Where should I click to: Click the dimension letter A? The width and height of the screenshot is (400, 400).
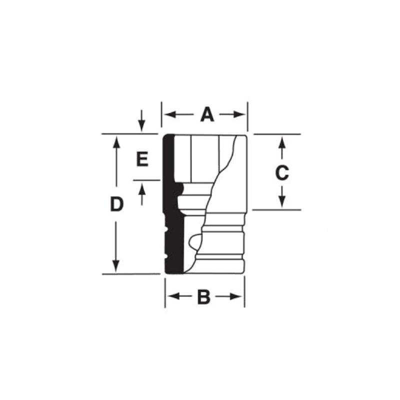pyautogui.click(x=207, y=115)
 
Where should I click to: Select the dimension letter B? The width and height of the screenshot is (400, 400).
pyautogui.click(x=203, y=297)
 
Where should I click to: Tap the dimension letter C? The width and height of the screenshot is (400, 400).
pyautogui.click(x=282, y=173)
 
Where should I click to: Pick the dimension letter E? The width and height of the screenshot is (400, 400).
pyautogui.click(x=142, y=159)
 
